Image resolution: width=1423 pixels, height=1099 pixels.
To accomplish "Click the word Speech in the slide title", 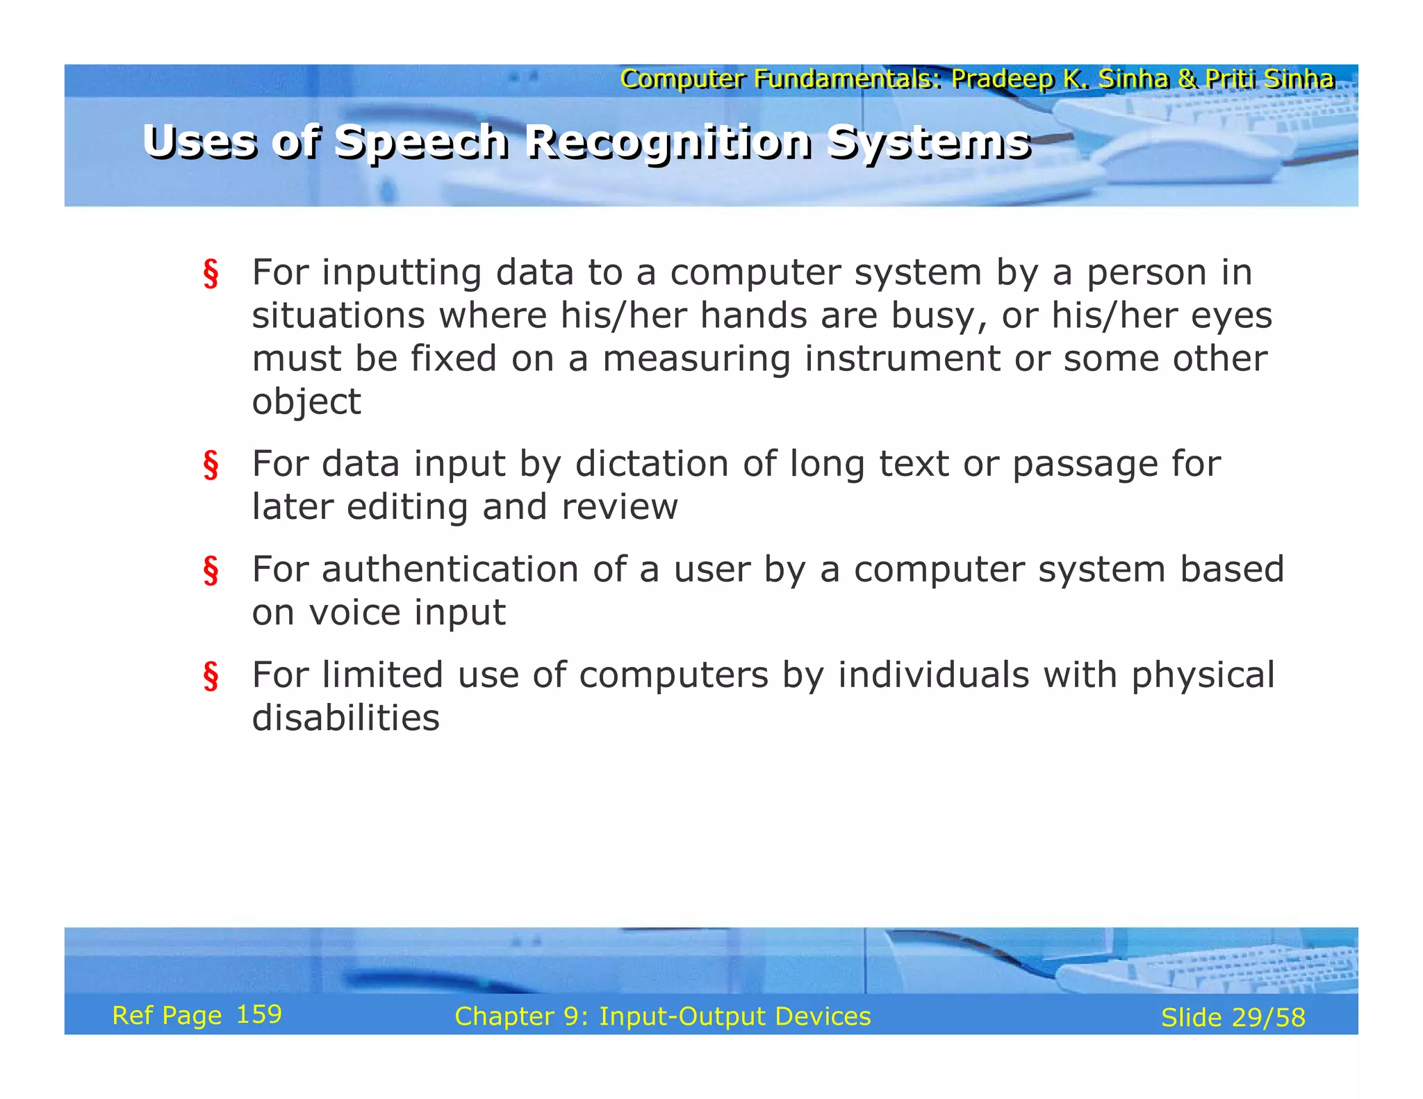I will pos(421,142).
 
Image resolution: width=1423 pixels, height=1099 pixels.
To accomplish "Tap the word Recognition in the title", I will pos(667,142).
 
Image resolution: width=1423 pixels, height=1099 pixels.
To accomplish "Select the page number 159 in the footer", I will pos(258,1014).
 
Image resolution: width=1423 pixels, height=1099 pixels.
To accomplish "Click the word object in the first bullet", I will pos(306,402).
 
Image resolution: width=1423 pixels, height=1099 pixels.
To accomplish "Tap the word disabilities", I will pos(345,718).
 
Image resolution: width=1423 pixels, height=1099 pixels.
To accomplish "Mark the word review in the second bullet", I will pos(619,506).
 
